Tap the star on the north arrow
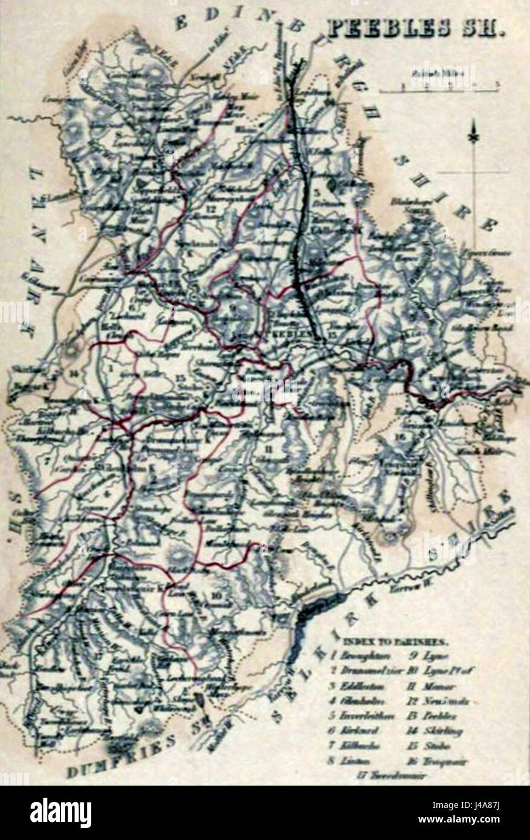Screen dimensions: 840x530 [x=475, y=138]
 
